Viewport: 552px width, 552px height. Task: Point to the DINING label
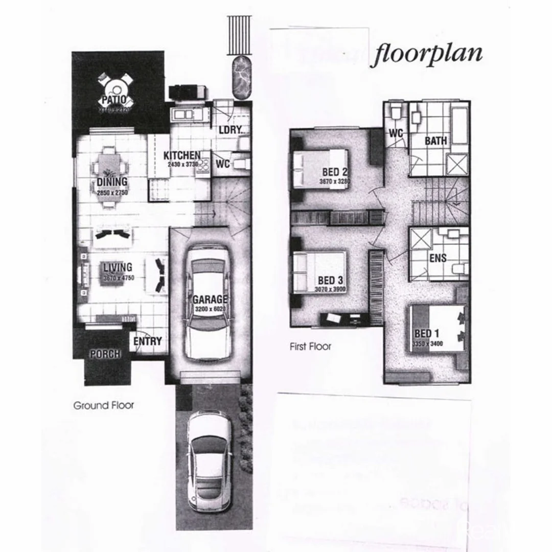tap(112, 182)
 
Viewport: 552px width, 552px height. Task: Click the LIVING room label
tap(118, 267)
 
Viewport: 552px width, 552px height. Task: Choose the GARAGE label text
tap(210, 300)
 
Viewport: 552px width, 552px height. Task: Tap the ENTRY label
tap(148, 341)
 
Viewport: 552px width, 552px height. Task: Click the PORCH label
tap(105, 354)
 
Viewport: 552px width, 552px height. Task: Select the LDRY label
tap(229, 130)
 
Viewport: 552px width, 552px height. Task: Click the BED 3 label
tap(330, 281)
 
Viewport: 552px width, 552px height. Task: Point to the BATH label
tap(435, 140)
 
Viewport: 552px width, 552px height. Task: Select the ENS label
tap(438, 258)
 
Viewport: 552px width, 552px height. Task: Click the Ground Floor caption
tap(104, 405)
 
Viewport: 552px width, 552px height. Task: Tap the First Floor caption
tap(310, 347)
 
